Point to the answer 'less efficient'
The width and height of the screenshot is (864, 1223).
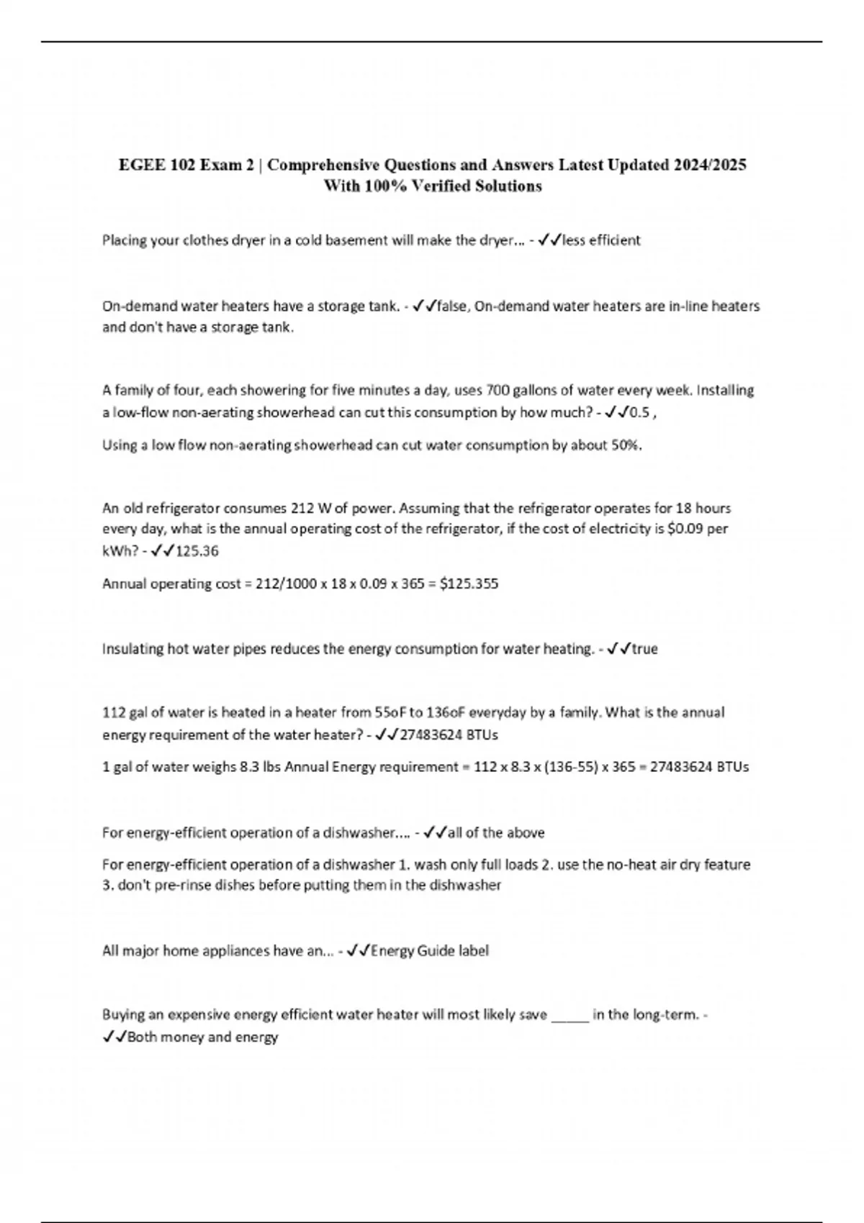click(601, 240)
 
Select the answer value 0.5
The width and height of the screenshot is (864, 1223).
click(639, 413)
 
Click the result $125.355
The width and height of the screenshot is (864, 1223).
click(469, 583)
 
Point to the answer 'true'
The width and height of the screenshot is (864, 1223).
click(644, 649)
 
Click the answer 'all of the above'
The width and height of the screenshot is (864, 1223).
click(496, 833)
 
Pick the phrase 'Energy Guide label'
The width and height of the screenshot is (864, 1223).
click(430, 951)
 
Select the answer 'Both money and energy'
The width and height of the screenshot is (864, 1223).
click(202, 1037)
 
